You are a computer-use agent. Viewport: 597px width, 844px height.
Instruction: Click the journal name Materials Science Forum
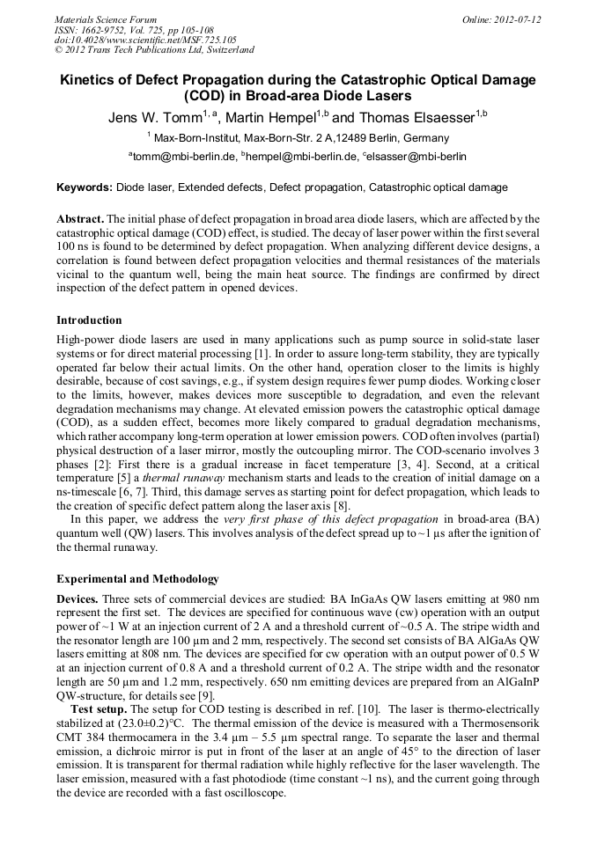(106, 18)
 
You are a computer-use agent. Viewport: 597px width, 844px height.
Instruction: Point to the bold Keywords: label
(85, 187)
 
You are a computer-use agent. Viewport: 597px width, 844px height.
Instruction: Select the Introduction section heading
(89, 319)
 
